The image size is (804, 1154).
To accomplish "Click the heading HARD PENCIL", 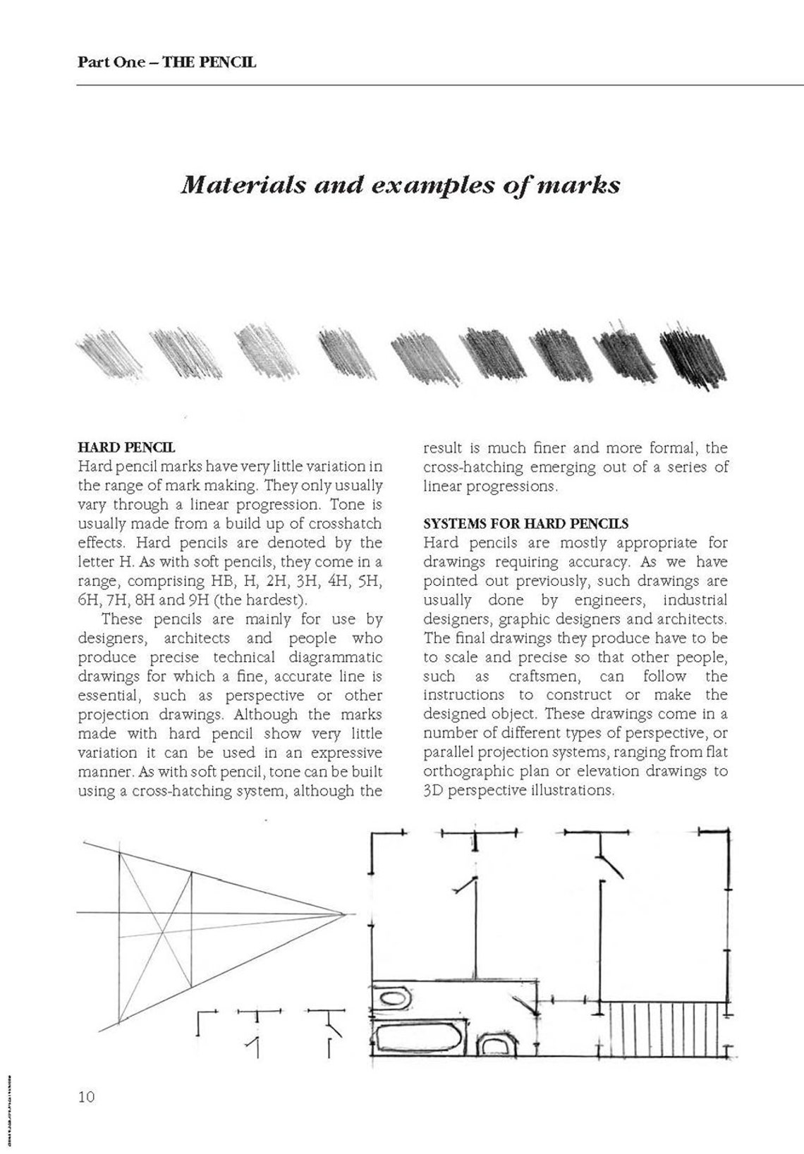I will pos(126,447).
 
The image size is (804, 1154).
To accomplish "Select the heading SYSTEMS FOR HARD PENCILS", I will pos(525,524).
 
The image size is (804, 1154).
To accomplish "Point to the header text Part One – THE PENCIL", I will pos(166,62).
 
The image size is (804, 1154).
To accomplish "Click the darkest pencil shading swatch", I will pos(693,356).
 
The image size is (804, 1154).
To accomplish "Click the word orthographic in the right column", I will pos(466,771).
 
